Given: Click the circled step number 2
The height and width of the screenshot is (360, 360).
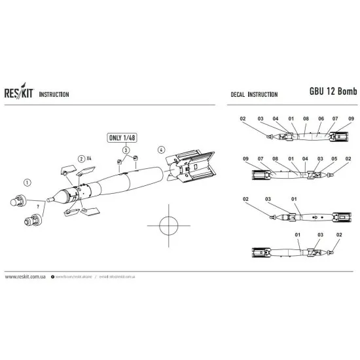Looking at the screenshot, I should pyautogui.click(x=81, y=158).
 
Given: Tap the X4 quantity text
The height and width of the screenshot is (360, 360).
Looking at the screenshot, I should pyautogui.click(x=90, y=158).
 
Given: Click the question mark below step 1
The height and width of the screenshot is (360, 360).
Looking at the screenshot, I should pyautogui.click(x=40, y=207).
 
